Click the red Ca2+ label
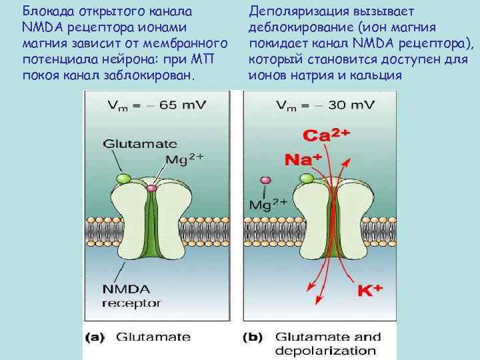[326, 135]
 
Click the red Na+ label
[303, 159]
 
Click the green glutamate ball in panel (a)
[123, 179]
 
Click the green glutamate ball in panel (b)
[307, 178]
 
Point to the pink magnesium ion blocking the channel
[151, 189]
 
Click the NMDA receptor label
[131, 296]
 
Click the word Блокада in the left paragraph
[47, 11]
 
